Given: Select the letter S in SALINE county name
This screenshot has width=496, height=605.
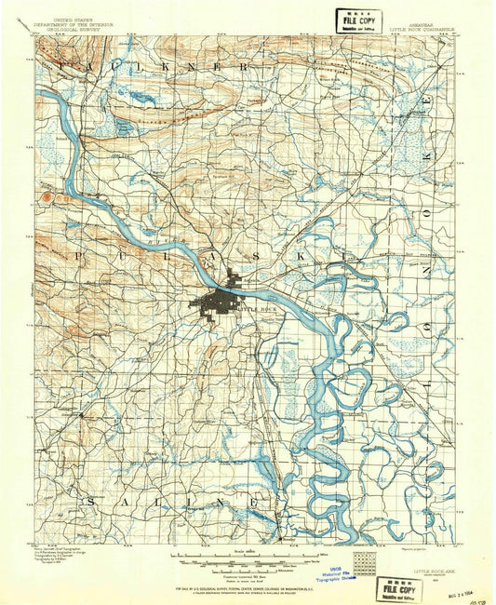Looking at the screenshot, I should click(92, 501).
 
